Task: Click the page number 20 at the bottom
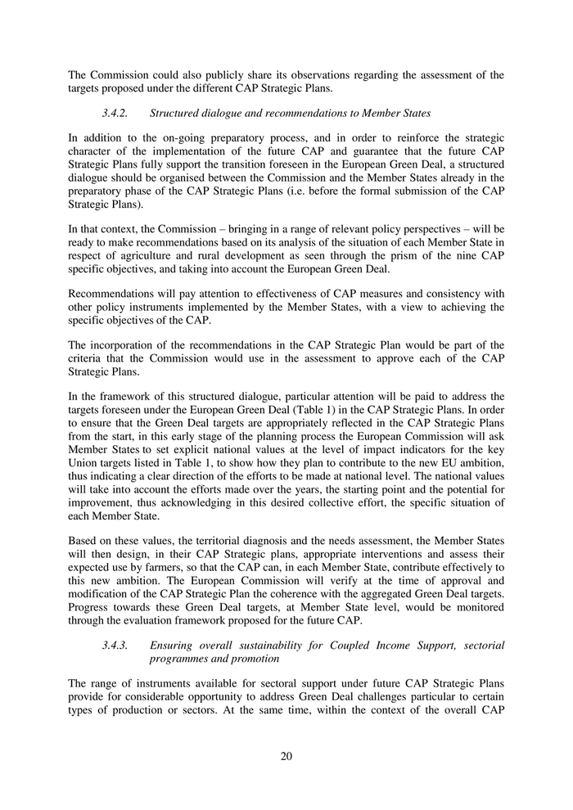pyautogui.click(x=286, y=755)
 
